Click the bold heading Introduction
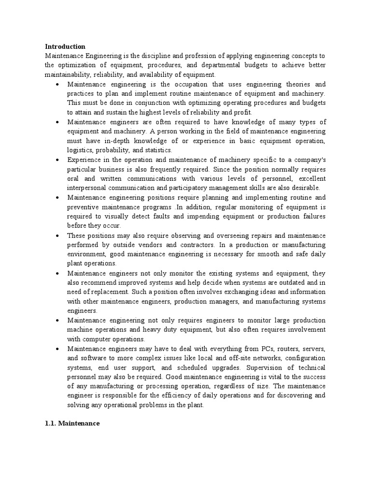tap(65, 47)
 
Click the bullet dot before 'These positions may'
tap(57, 235)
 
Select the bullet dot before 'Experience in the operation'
tap(57, 160)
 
